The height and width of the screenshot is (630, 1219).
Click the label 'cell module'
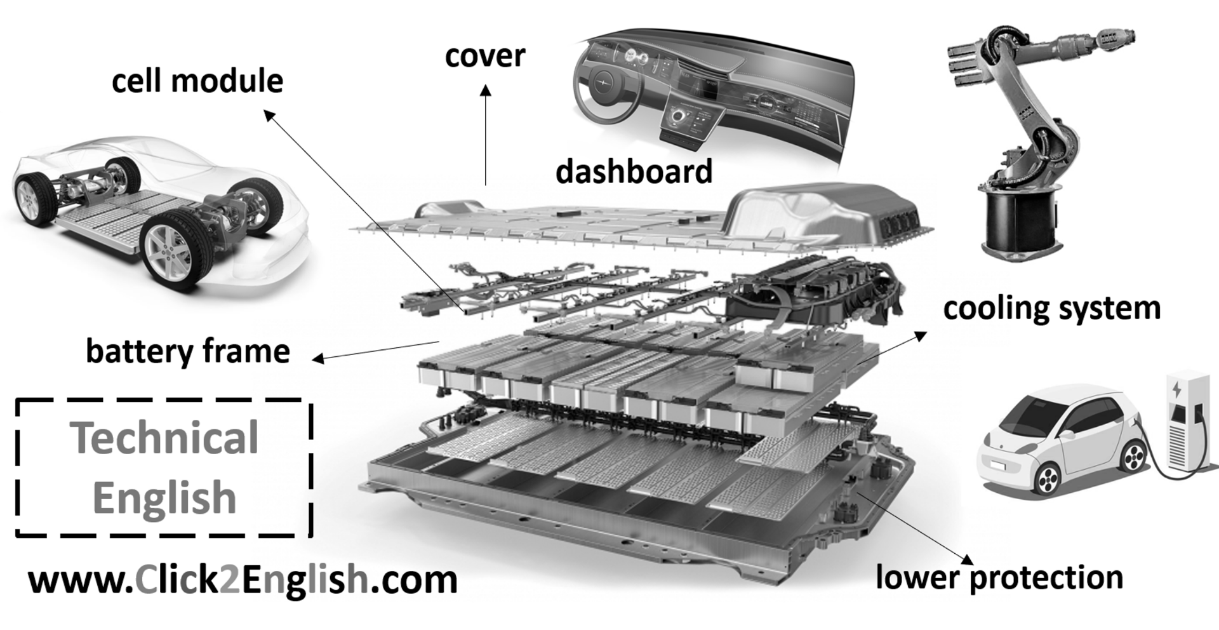197,81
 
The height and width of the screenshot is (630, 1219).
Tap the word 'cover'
485,57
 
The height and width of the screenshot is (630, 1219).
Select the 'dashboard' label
634,171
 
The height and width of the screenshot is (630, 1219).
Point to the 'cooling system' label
1051,309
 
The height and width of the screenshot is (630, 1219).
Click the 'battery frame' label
188,352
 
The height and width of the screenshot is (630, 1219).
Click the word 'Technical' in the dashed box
165,438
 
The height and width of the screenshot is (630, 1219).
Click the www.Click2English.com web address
243,580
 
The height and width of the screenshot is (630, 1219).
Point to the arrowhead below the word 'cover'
486,92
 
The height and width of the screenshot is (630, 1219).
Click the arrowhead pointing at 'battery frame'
319,359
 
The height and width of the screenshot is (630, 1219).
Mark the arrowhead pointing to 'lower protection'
967,558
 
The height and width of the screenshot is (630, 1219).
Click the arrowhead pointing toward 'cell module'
269,115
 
